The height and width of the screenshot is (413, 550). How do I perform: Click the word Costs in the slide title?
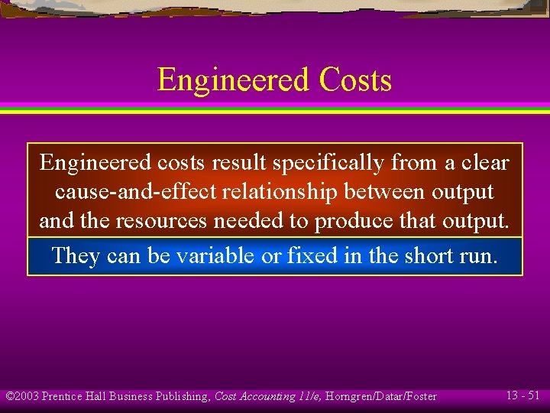(x=355, y=80)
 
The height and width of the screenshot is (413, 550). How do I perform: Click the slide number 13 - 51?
(x=523, y=395)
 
